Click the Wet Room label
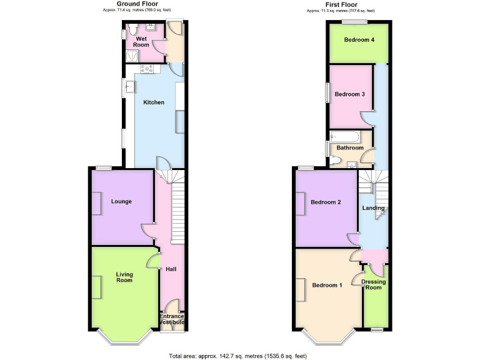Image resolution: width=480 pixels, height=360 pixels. click(x=141, y=42)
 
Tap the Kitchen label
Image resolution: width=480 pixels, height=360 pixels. click(x=154, y=102)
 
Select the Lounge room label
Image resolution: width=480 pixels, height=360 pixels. click(x=121, y=201)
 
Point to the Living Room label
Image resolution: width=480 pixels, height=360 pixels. click(x=124, y=277)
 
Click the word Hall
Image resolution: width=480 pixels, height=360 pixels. click(x=171, y=269)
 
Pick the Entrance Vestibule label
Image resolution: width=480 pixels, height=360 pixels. click(x=172, y=319)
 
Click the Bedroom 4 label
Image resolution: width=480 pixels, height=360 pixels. click(x=359, y=40)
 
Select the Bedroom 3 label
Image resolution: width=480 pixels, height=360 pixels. click(x=349, y=94)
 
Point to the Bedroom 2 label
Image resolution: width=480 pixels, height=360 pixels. click(x=326, y=202)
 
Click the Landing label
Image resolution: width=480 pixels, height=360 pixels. click(x=373, y=208)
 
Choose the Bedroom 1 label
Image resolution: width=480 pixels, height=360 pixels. click(x=327, y=286)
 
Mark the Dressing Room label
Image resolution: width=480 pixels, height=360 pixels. click(x=374, y=284)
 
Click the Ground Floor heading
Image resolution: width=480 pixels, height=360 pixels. click(x=137, y=4)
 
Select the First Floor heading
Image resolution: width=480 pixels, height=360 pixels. click(x=341, y=4)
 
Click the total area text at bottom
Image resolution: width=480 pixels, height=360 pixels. click(x=237, y=355)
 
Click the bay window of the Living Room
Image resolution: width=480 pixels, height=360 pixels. click(x=124, y=338)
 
